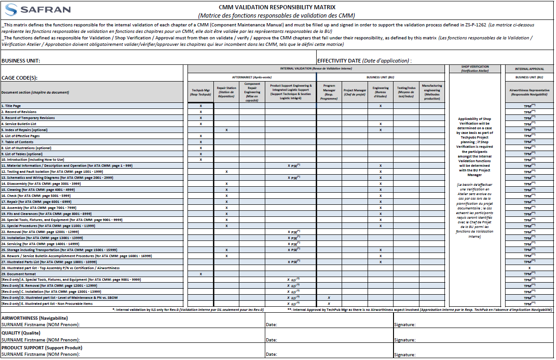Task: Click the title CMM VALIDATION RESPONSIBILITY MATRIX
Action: point(277,7)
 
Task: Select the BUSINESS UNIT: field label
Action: point(21,61)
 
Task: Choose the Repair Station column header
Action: point(226,91)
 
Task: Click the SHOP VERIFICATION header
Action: point(475,69)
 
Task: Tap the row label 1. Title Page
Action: point(11,106)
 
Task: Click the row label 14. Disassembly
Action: point(42,184)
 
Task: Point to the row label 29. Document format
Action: point(19,274)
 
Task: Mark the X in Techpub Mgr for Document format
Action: point(200,274)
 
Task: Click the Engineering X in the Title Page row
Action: point(381,106)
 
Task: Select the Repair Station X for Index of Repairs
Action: point(226,130)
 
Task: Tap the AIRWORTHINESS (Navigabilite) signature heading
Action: point(35,318)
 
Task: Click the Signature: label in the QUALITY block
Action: point(405,340)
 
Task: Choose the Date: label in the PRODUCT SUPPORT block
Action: point(271,354)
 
